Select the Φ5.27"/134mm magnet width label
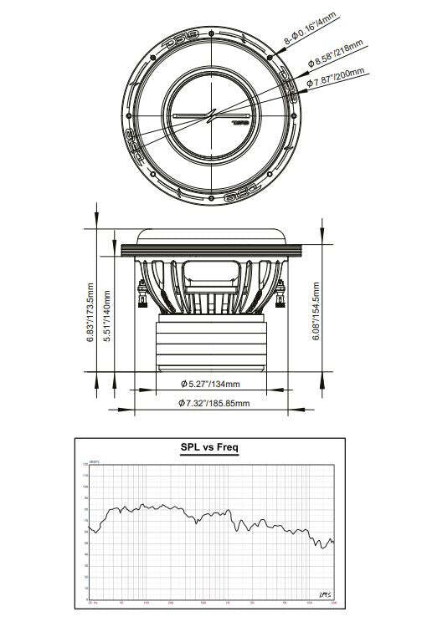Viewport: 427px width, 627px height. [210, 384]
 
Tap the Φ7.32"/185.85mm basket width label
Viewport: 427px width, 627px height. [213, 403]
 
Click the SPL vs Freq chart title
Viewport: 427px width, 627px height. [209, 447]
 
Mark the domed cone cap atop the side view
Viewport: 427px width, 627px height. [210, 236]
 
